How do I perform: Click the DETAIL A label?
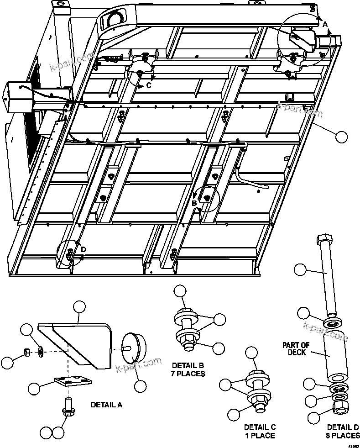point(106,404)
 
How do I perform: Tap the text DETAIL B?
point(188,365)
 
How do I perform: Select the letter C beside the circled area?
point(149,85)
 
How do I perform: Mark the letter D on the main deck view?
point(83,249)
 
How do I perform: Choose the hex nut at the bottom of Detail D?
point(338,406)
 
